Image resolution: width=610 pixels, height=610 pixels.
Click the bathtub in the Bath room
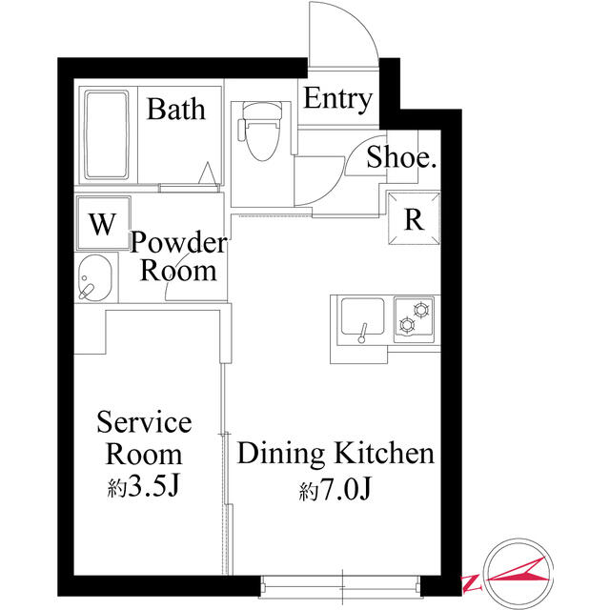pyautogui.click(x=106, y=135)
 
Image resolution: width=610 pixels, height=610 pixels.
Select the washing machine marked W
pyautogui.click(x=104, y=223)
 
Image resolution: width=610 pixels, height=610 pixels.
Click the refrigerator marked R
pyautogui.click(x=414, y=218)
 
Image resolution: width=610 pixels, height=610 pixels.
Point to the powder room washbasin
pyautogui.click(x=95, y=277)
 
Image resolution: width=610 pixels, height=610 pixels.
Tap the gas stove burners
pyautogui.click(x=414, y=319)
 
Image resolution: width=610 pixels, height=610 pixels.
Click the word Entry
pyautogui.click(x=337, y=99)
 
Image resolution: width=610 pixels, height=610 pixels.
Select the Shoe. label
pyautogui.click(x=400, y=157)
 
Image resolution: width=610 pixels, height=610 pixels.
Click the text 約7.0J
pyautogui.click(x=335, y=489)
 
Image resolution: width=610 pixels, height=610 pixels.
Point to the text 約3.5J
pyautogui.click(x=143, y=485)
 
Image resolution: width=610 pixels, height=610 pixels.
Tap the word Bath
pyautogui.click(x=176, y=109)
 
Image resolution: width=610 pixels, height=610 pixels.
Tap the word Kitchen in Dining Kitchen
pyautogui.click(x=384, y=454)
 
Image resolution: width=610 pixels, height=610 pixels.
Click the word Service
pyautogui.click(x=144, y=422)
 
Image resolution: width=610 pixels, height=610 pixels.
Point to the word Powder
pyautogui.click(x=178, y=242)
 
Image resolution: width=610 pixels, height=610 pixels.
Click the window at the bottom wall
pyautogui.click(x=341, y=586)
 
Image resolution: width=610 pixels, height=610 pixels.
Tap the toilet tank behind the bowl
pyautogui.click(x=261, y=111)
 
